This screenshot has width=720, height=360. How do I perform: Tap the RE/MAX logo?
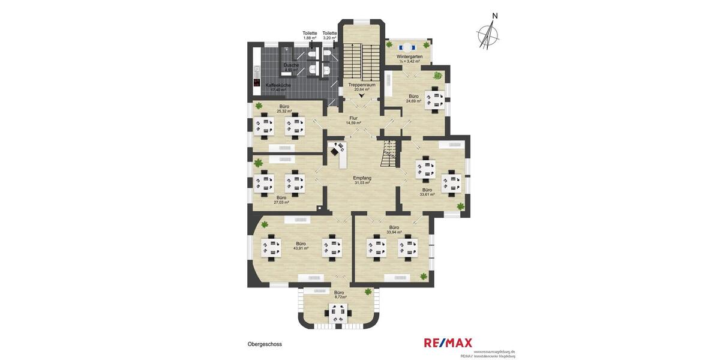(x=448, y=343)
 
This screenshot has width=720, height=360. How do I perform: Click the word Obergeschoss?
(x=265, y=344)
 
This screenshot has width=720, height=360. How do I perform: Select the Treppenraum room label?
(x=362, y=85)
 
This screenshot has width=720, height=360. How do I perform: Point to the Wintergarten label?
(x=409, y=56)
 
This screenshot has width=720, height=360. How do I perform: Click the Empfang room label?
(x=362, y=178)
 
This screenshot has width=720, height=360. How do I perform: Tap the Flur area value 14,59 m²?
(x=353, y=123)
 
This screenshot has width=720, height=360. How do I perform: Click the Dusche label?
(x=291, y=65)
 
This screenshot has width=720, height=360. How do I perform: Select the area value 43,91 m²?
(x=301, y=248)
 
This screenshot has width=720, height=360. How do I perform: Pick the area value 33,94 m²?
(x=394, y=232)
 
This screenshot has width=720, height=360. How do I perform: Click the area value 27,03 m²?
(x=281, y=202)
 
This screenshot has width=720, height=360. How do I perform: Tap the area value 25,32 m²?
(x=284, y=111)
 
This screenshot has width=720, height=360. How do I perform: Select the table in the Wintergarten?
(x=408, y=47)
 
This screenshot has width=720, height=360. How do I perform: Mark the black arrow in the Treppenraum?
(x=361, y=95)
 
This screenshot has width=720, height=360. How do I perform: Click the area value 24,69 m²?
(x=413, y=101)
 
